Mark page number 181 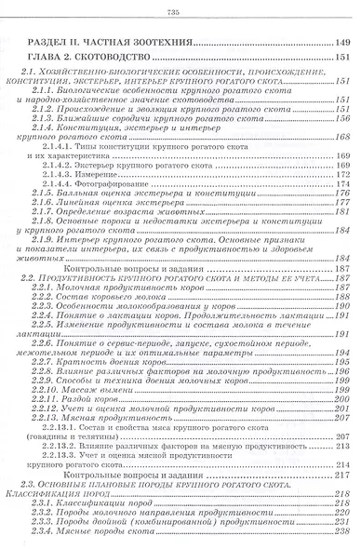pyautogui.click(x=343, y=210)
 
